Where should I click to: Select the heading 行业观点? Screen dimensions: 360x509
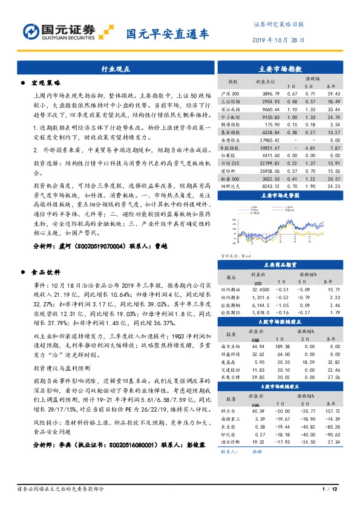116,70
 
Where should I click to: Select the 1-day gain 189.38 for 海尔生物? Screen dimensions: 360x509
280,345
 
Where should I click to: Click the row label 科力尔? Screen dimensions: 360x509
231,410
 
